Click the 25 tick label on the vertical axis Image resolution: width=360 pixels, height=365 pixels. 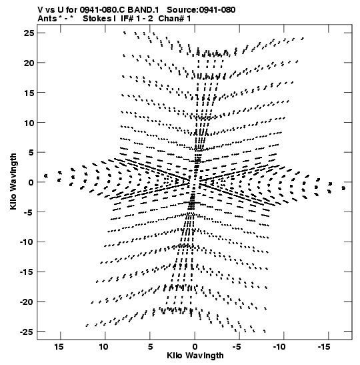[x=29, y=33]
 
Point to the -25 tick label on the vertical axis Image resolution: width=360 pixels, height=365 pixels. [x=27, y=332]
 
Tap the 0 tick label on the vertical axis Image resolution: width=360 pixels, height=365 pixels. [x=31, y=183]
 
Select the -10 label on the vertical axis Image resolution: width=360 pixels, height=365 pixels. [x=27, y=242]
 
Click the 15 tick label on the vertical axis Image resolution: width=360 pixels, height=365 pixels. [x=29, y=93]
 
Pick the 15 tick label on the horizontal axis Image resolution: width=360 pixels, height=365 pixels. [x=59, y=347]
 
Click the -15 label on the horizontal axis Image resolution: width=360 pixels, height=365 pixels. [x=324, y=347]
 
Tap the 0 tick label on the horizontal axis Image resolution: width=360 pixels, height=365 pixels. [x=195, y=347]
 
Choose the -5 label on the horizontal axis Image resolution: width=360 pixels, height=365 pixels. [x=237, y=347]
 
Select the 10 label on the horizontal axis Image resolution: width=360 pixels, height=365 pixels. [x=104, y=347]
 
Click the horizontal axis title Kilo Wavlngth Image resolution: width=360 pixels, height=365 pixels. [x=195, y=356]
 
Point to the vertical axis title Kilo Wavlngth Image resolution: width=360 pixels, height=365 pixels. [x=13, y=181]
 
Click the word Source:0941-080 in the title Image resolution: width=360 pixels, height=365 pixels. [x=201, y=10]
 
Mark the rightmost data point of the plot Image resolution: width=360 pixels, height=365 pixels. [x=343, y=188]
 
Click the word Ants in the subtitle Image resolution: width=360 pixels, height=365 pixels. [x=47, y=19]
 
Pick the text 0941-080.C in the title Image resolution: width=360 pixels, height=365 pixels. [x=102, y=10]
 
